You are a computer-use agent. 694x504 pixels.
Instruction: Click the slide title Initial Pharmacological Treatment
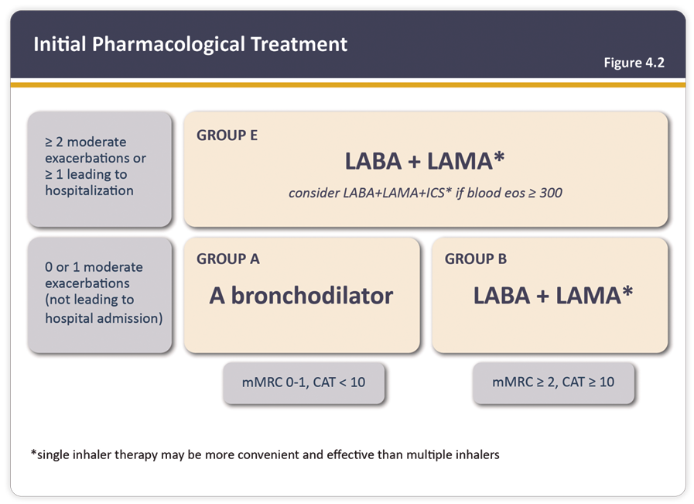(190, 44)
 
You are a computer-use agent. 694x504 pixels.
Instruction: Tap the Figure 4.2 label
(634, 63)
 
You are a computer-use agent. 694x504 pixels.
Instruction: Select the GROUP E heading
(227, 135)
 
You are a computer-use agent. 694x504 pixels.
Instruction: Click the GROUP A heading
(227, 259)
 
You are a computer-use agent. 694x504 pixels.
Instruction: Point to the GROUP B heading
(475, 259)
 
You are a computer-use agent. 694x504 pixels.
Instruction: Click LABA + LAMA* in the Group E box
(425, 161)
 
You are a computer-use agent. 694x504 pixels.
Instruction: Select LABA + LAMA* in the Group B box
(553, 295)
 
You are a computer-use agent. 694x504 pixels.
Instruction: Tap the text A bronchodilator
(301, 295)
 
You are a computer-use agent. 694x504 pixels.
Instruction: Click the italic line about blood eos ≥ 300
(425, 192)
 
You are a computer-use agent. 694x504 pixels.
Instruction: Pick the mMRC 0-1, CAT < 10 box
(303, 382)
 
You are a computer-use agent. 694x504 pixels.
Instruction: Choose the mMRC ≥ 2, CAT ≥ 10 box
(553, 382)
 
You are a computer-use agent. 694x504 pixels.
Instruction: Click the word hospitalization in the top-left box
(89, 190)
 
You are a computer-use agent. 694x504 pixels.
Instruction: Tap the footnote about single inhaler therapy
(265, 454)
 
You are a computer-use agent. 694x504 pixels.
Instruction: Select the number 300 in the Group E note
(550, 192)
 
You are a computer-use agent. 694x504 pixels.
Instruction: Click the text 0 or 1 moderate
(94, 267)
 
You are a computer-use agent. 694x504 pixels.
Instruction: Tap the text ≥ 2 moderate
(85, 142)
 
